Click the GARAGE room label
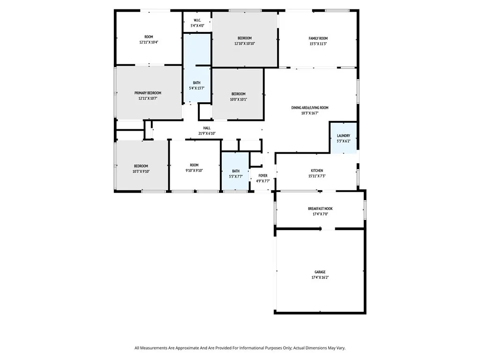(x=320, y=272)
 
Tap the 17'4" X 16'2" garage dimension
(x=320, y=277)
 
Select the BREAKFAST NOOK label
(x=320, y=209)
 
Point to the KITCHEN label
(x=317, y=171)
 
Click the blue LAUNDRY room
(x=344, y=137)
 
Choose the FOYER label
(x=263, y=176)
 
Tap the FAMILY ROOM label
(x=318, y=38)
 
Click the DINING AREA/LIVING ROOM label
(x=310, y=108)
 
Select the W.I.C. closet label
(x=197, y=20)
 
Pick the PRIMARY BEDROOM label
(x=148, y=93)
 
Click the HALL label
(x=207, y=128)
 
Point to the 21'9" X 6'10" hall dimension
(x=207, y=134)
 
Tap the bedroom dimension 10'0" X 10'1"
(x=238, y=99)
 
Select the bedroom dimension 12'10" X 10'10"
(x=244, y=44)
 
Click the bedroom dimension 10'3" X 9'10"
(x=141, y=172)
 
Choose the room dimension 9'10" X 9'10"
(x=195, y=171)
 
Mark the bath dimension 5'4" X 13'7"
(x=196, y=88)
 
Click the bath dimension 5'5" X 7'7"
(x=235, y=177)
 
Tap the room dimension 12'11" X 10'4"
(x=149, y=43)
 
